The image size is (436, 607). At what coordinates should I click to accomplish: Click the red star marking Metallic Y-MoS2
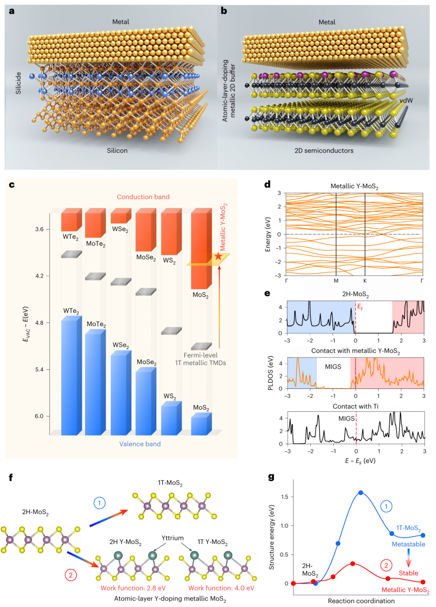(x=218, y=256)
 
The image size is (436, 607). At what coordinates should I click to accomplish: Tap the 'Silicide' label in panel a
(x=18, y=83)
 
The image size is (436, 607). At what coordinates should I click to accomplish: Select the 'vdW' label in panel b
(x=406, y=100)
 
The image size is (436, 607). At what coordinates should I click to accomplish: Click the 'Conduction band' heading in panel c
(x=143, y=197)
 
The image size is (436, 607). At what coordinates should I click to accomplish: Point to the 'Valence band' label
(x=140, y=444)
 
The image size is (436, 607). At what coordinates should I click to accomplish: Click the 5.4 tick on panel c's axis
(x=39, y=369)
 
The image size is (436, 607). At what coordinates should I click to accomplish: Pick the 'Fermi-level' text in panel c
(x=200, y=355)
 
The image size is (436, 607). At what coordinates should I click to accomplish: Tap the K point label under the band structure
(x=365, y=281)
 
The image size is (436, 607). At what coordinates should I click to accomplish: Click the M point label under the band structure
(x=336, y=281)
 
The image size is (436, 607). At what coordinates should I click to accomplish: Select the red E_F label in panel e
(x=360, y=308)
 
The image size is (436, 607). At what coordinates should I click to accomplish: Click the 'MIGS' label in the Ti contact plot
(x=346, y=419)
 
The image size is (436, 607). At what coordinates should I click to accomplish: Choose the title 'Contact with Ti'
(x=355, y=406)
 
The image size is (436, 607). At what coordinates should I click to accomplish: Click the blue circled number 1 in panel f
(x=99, y=503)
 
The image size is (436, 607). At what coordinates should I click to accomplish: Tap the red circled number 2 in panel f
(x=71, y=575)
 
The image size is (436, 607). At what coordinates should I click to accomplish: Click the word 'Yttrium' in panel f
(x=172, y=538)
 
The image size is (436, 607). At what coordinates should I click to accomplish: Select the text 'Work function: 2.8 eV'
(x=133, y=588)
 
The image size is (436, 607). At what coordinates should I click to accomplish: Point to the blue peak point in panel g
(x=361, y=493)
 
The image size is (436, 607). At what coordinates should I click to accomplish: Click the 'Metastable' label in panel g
(x=408, y=544)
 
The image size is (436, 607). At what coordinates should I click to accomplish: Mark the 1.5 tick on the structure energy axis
(x=284, y=497)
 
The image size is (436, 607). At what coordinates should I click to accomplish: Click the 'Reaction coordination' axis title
(x=361, y=601)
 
